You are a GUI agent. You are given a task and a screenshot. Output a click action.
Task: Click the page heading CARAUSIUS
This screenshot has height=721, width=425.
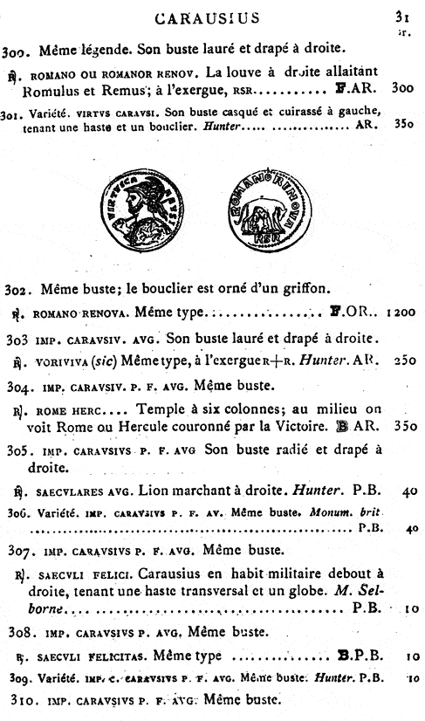click(210, 17)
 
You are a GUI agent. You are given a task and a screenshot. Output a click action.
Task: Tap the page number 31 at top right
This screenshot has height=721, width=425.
click(401, 14)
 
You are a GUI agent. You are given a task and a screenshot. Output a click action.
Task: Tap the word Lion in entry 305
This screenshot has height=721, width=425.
click(165, 491)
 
